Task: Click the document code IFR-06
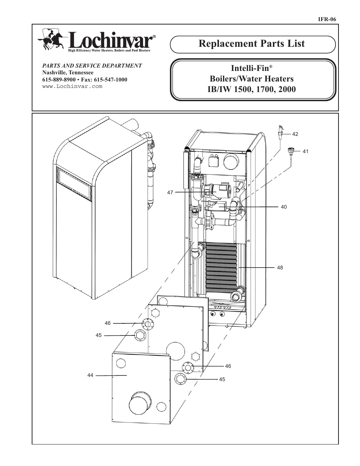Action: pos(328,19)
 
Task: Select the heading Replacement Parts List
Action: pos(252,44)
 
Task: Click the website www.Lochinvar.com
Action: pos(72,86)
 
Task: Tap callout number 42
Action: pos(295,134)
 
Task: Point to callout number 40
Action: pos(284,207)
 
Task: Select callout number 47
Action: pos(170,192)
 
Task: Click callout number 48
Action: pos(280,268)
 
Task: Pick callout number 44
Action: pos(90,375)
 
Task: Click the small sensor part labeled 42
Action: pos(280,132)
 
